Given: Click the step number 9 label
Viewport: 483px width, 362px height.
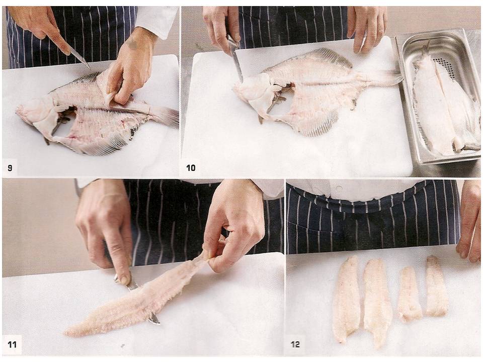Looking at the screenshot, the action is (10, 168).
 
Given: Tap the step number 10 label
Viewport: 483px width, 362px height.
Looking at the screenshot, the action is (191, 168).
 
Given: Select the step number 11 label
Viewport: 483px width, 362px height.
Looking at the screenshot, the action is (12, 344).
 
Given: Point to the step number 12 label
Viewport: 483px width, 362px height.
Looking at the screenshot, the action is (295, 344).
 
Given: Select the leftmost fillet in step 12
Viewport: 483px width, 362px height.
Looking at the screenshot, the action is (347, 299).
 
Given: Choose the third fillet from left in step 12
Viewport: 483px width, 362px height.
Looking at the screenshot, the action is (409, 294).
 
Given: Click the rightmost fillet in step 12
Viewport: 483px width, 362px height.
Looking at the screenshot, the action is (436, 286).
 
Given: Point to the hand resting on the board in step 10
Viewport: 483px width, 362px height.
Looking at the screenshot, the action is (367, 28).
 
